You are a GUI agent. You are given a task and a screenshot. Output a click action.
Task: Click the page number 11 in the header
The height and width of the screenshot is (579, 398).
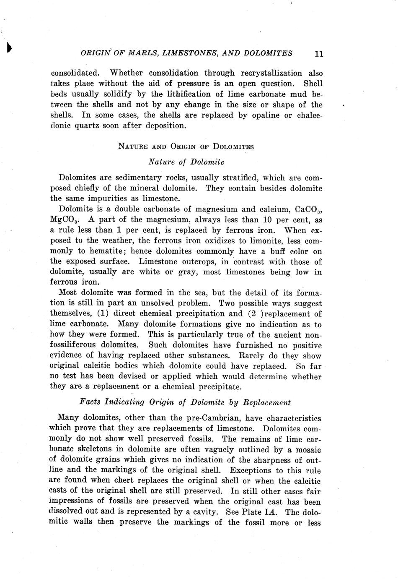[318, 54]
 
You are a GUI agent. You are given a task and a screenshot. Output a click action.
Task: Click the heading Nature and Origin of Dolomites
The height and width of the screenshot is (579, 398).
[186, 146]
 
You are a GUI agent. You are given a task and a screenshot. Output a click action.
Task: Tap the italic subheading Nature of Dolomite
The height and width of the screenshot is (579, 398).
[186, 162]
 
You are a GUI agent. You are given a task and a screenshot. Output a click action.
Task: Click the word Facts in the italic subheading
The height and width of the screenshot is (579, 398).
[90, 402]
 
